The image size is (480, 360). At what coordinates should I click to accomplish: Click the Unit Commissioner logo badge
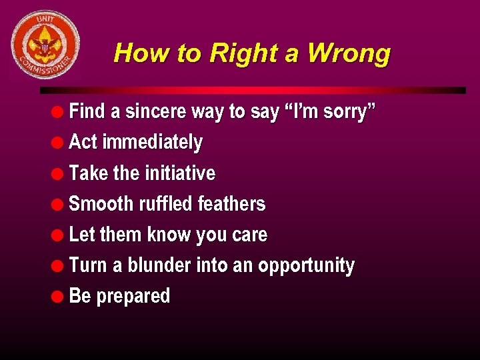coord(45,45)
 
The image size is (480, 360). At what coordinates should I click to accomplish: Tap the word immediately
coord(153,142)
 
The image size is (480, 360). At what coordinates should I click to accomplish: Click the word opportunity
coord(306,266)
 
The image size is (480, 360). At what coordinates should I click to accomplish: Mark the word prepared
coord(133,297)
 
